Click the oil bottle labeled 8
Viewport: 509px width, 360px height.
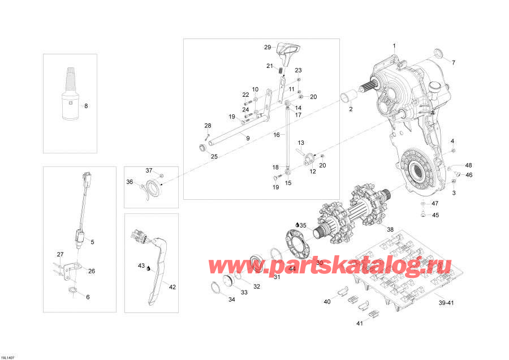[x=71, y=96]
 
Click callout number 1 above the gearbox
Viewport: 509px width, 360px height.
[x=394, y=45]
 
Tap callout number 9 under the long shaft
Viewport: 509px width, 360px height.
[x=247, y=138]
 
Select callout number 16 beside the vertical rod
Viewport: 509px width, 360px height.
[x=277, y=135]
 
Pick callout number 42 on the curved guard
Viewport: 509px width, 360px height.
[x=172, y=287]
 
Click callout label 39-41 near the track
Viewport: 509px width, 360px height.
[x=447, y=303]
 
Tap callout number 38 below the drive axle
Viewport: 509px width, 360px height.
[x=390, y=229]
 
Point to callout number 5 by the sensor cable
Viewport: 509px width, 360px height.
[x=92, y=242]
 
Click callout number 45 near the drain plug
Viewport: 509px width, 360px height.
[x=435, y=215]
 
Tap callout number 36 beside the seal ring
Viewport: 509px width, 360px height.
[x=129, y=182]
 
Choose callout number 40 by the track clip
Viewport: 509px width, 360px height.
[x=327, y=302]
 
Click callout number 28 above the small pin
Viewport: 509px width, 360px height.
[x=208, y=125]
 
